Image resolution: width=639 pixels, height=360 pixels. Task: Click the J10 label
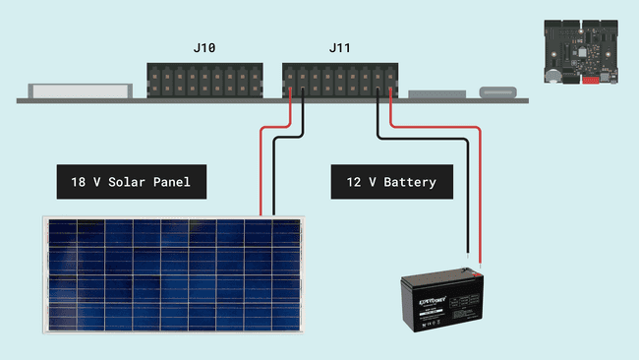click(x=204, y=48)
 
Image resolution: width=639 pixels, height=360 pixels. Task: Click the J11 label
click(x=339, y=48)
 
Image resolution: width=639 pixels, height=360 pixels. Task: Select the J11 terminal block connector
click(x=339, y=80)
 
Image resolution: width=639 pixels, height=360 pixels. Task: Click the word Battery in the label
click(x=411, y=183)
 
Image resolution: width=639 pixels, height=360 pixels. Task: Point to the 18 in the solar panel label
click(x=78, y=183)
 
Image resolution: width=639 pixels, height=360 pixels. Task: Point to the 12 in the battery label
click(x=354, y=183)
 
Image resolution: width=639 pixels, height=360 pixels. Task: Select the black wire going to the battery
click(x=465, y=197)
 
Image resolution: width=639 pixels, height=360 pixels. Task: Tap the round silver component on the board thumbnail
click(x=555, y=74)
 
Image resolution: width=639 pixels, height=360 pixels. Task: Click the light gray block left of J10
click(x=80, y=90)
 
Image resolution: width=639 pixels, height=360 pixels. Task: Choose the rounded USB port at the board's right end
click(x=497, y=93)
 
